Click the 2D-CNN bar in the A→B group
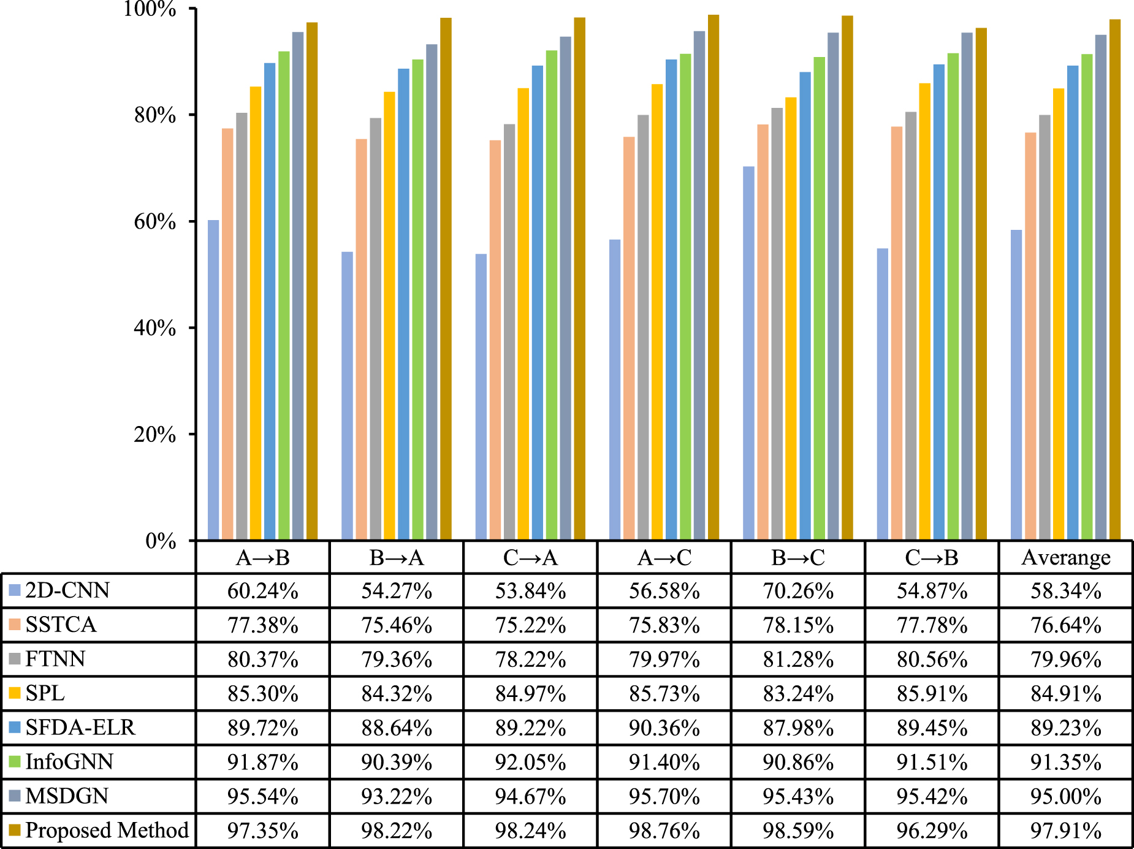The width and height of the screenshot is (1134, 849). [213, 380]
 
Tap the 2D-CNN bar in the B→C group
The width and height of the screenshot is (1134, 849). [748, 353]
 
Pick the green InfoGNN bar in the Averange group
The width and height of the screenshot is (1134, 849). [1087, 297]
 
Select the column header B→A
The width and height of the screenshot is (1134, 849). [397, 558]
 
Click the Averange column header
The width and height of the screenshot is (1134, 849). [1066, 558]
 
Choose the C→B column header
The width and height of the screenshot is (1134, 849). [932, 558]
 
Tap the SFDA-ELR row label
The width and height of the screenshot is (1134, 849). [80, 728]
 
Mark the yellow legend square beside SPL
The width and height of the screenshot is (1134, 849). [15, 693]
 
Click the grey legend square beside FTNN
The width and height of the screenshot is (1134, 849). [15, 660]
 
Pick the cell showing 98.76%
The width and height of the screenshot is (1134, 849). [664, 831]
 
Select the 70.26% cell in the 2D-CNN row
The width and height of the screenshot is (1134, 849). [798, 591]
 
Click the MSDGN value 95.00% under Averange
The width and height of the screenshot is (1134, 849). [1066, 797]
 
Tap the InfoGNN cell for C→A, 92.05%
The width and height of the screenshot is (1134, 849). [530, 763]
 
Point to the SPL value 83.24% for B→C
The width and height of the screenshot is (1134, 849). [798, 694]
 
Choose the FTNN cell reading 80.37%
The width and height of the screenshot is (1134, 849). [263, 660]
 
